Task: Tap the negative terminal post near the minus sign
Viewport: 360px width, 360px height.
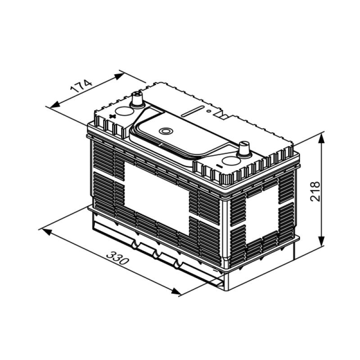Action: (244, 148)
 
